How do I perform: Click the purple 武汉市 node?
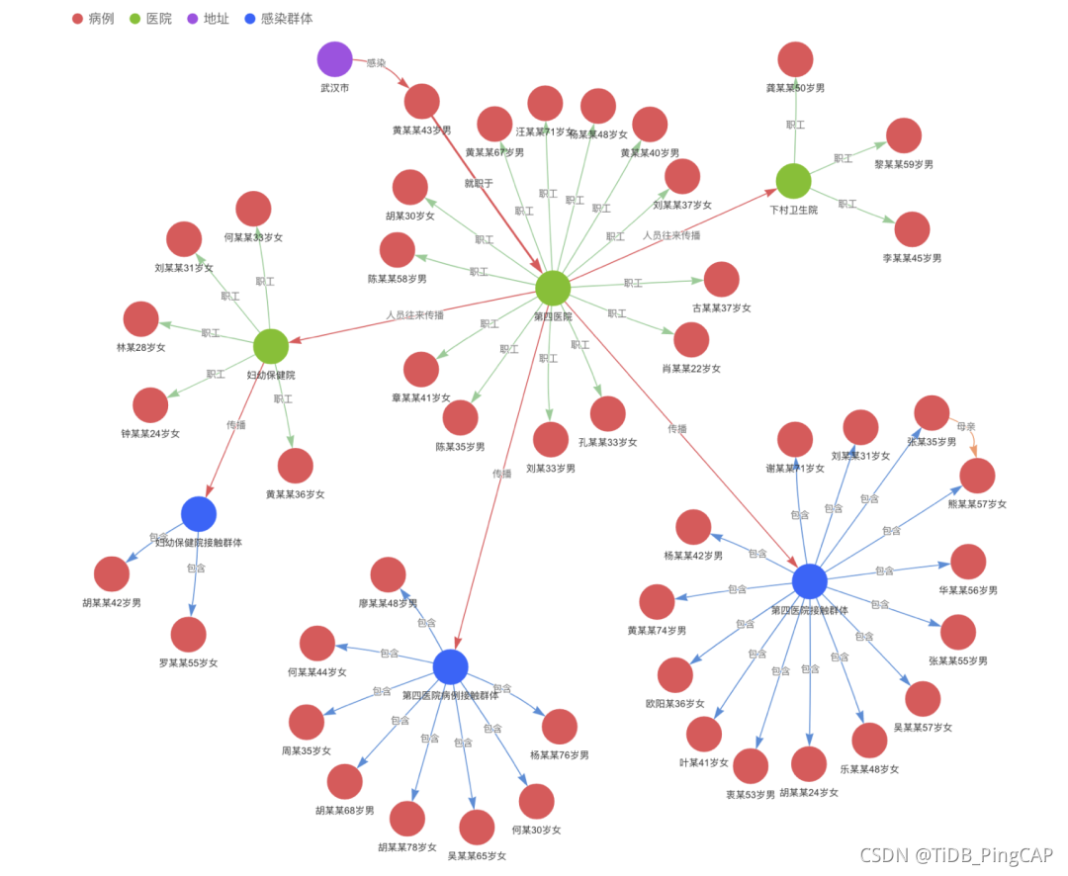pos(334,59)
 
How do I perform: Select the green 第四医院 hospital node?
pos(553,288)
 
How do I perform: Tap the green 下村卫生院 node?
pos(793,181)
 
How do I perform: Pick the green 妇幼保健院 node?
pos(270,346)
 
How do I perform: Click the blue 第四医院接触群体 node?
pos(809,581)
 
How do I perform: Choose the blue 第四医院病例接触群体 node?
pos(450,666)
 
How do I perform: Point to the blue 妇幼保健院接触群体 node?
pos(199,513)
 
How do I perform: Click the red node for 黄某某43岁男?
pos(421,102)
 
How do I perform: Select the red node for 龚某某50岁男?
pos(795,59)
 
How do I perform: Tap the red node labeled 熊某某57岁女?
pos(977,476)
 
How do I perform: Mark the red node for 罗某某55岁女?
pos(188,635)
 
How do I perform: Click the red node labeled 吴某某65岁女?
pos(477,828)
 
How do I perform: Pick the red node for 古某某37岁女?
pos(721,280)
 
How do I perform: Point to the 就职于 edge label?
pos(479,183)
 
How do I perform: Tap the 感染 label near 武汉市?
pos(376,62)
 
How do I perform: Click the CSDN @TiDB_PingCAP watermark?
pos(955,855)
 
